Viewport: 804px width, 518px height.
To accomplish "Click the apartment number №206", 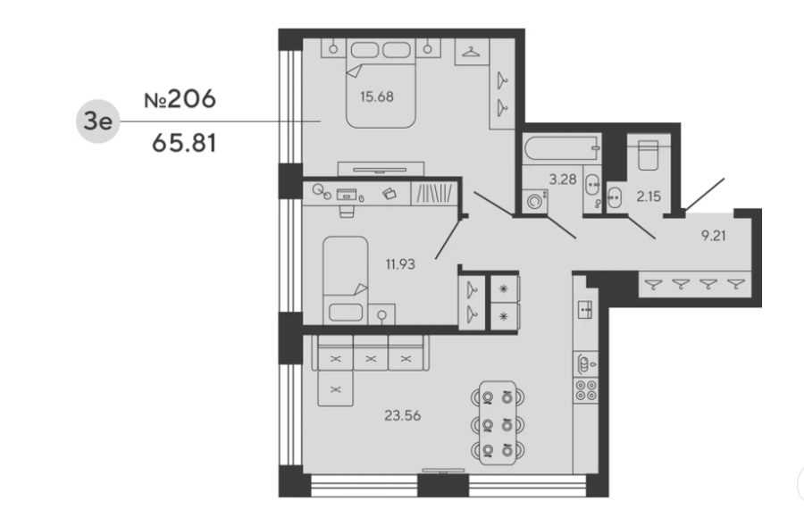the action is pos(180,99).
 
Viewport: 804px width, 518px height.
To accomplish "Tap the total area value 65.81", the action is pos(184,143).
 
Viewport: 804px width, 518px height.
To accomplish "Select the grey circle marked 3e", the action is pos(97,121).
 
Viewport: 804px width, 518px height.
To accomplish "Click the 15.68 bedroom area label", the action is pos(377,96).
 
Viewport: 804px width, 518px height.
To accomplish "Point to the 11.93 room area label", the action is pos(400,264).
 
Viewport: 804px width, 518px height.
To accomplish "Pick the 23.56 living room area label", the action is pos(403,415).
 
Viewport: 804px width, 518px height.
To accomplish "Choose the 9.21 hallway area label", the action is pos(713,236).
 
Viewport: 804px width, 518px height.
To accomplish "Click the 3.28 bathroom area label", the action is pos(563,179).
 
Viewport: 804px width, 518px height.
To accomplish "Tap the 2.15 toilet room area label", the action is pos(649,196).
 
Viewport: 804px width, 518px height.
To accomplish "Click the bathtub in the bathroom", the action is pos(562,149).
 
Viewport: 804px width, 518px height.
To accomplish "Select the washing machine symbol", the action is pos(535,201).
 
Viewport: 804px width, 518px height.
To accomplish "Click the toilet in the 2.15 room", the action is pos(649,155).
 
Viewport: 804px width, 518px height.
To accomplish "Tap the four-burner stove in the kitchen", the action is pos(585,390).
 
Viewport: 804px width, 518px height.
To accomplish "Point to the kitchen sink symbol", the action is pos(585,310).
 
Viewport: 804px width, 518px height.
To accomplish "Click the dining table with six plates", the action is pos(498,422).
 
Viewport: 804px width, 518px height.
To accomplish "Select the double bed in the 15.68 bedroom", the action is pos(381,84).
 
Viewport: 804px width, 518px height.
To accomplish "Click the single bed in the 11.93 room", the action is pos(345,280).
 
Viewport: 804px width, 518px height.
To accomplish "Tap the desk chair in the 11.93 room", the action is pos(347,211).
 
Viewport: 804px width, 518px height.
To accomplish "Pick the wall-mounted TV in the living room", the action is pos(443,471).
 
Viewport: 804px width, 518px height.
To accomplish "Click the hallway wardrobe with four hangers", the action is pos(695,284).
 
